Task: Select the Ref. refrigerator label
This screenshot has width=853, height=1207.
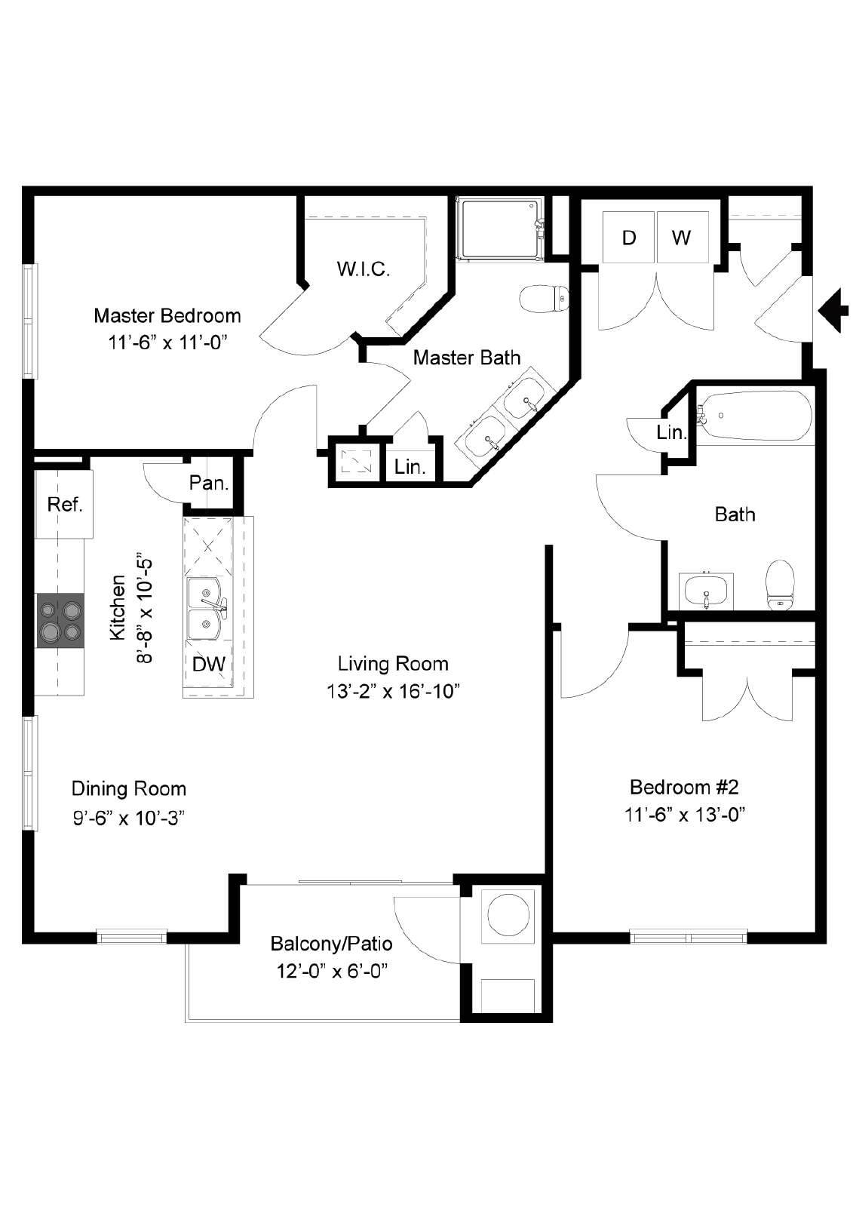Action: (x=65, y=505)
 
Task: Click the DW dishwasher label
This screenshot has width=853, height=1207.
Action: (x=208, y=664)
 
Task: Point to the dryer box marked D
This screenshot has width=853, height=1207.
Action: (x=628, y=237)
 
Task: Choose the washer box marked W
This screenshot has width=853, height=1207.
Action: (x=682, y=237)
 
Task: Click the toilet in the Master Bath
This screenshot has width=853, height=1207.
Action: (x=545, y=298)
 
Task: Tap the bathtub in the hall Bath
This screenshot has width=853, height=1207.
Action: (x=754, y=416)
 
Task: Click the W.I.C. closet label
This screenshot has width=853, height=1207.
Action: (x=364, y=269)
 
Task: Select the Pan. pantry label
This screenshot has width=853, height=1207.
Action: (x=209, y=483)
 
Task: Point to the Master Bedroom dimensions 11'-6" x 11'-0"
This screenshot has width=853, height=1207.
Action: (x=167, y=342)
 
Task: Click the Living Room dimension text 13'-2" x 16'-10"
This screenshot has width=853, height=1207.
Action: (x=393, y=691)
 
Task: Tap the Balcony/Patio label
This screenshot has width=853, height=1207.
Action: (x=331, y=944)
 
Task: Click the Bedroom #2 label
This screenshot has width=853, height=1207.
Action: (x=684, y=788)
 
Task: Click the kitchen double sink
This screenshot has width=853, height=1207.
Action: (x=207, y=609)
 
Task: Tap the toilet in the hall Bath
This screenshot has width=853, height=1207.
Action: (x=781, y=585)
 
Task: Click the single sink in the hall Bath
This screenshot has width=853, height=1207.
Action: (x=706, y=591)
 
